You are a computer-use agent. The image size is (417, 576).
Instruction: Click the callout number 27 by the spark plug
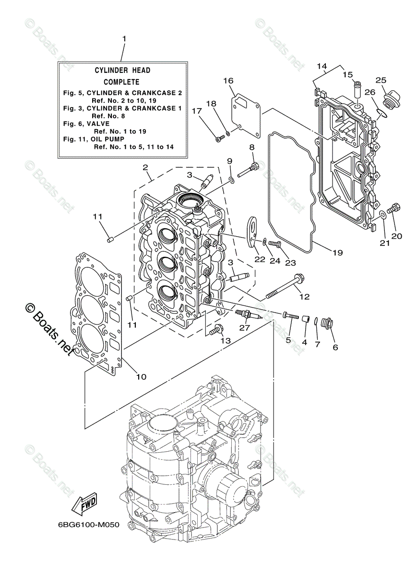[245, 328]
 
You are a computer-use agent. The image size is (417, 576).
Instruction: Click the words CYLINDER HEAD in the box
[122, 71]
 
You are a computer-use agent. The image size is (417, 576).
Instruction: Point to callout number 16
[228, 81]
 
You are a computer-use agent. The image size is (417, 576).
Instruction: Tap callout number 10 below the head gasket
[141, 377]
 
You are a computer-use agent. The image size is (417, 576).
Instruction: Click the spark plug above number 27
[248, 314]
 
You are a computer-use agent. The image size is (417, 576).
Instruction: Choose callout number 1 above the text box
[124, 38]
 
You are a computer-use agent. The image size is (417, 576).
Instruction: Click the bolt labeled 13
[217, 329]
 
